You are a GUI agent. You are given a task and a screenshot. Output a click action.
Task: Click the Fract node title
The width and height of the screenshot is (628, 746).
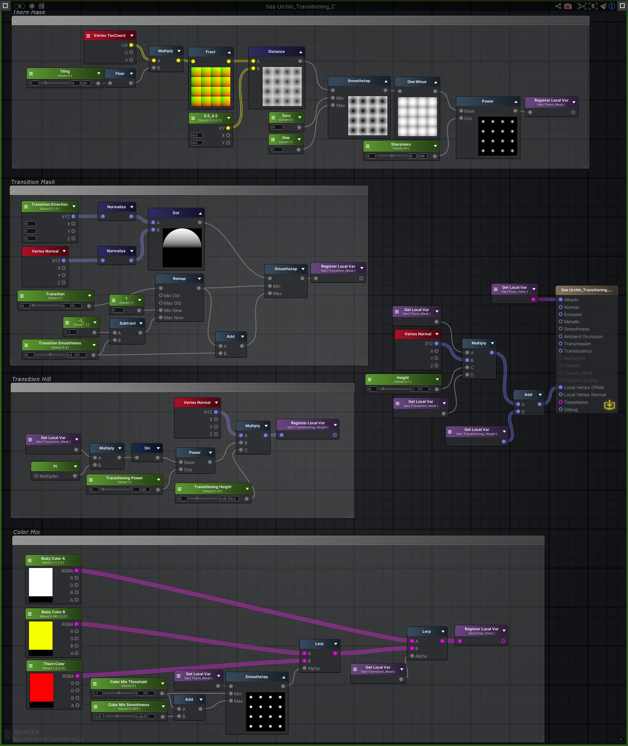click(x=210, y=52)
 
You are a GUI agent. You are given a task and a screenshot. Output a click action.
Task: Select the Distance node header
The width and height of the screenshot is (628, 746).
click(x=276, y=52)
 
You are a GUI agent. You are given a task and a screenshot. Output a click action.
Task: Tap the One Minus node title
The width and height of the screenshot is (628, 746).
click(x=417, y=82)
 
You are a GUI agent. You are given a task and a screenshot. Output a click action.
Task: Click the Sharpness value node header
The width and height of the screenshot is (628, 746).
click(x=401, y=146)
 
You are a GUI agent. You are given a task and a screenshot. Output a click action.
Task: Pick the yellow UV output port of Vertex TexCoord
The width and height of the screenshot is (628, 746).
click(x=131, y=45)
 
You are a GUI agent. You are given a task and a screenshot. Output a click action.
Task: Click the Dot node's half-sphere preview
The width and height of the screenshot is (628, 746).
click(x=182, y=248)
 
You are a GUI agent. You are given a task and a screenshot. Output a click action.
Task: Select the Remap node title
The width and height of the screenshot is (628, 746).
click(x=179, y=279)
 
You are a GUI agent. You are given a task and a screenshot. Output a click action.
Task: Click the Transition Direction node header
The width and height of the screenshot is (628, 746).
click(x=49, y=206)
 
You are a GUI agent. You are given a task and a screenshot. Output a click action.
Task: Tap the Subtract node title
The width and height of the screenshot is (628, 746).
click(x=127, y=323)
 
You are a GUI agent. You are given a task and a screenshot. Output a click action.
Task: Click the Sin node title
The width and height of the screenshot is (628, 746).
click(x=147, y=448)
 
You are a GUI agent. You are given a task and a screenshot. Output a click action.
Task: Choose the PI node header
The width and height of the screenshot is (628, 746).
click(x=55, y=466)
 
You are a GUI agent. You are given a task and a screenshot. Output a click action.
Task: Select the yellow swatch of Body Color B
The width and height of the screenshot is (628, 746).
click(x=41, y=635)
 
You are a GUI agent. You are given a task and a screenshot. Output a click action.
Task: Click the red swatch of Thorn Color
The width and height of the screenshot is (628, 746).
click(x=41, y=687)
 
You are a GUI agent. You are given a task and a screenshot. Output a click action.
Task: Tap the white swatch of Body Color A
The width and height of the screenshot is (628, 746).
click(x=41, y=582)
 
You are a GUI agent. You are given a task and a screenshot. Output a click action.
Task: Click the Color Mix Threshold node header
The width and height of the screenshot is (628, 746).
click(x=128, y=683)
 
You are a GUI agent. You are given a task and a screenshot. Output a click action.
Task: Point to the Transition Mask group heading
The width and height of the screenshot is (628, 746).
click(x=33, y=182)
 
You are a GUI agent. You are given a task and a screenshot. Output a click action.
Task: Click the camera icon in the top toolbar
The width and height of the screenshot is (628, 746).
click(x=568, y=6)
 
